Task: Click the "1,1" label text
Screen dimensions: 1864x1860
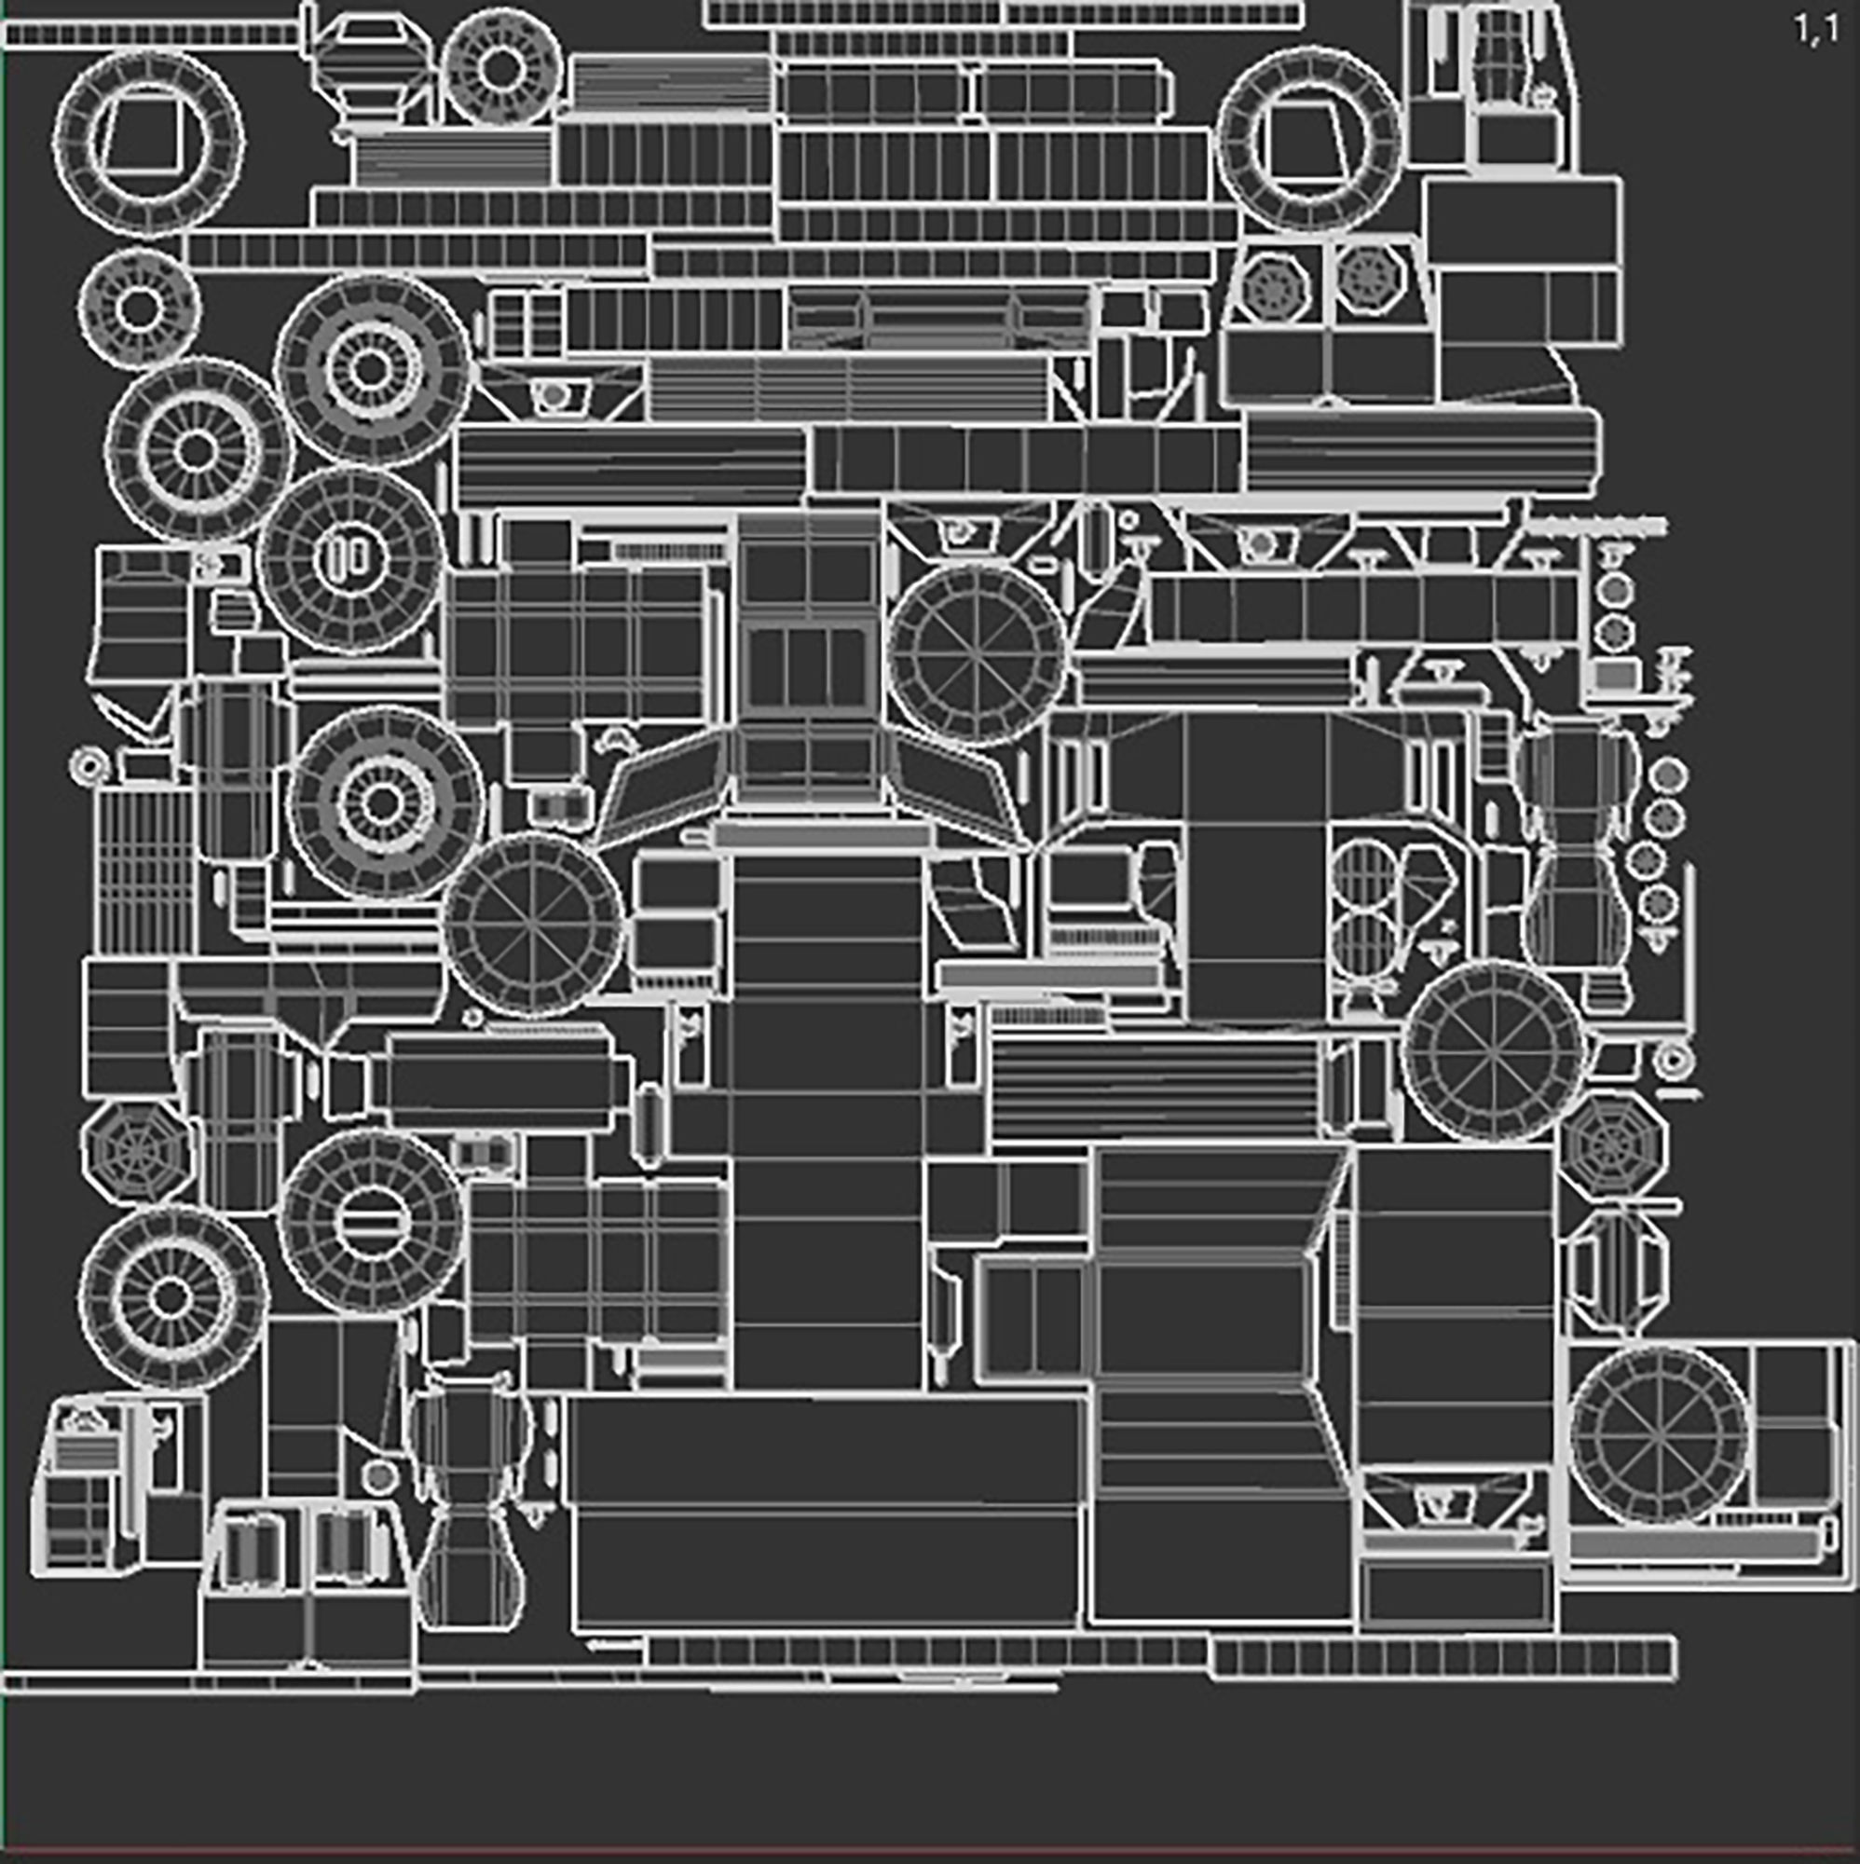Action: point(1814,30)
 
